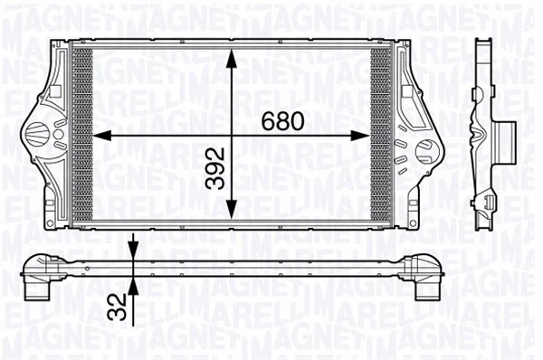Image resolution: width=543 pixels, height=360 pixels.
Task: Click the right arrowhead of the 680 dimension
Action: point(363,137)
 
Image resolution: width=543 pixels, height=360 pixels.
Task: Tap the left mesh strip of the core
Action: point(82,136)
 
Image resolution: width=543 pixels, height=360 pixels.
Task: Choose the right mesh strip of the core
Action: point(381,136)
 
